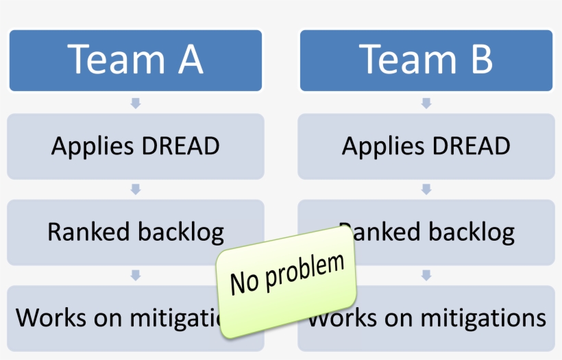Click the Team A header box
tap(135, 60)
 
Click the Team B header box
tap(426, 60)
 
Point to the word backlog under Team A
tap(180, 233)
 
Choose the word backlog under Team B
tap(471, 233)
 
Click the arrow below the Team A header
tap(136, 103)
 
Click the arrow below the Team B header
tap(426, 103)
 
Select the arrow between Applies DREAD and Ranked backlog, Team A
tap(136, 189)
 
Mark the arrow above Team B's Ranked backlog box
tap(426, 189)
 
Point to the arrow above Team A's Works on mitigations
tap(136, 275)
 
